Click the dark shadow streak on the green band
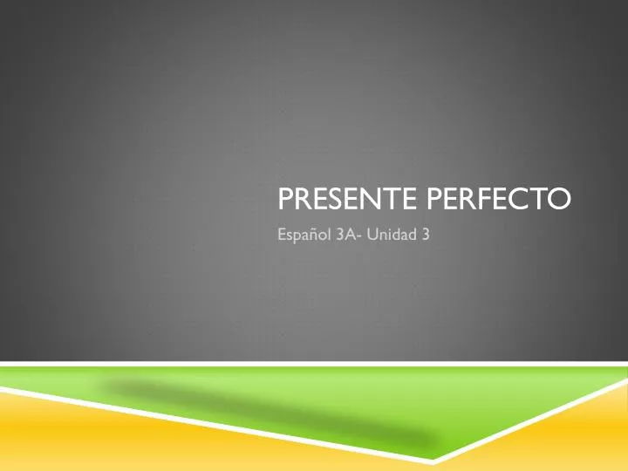tap(262, 410)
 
